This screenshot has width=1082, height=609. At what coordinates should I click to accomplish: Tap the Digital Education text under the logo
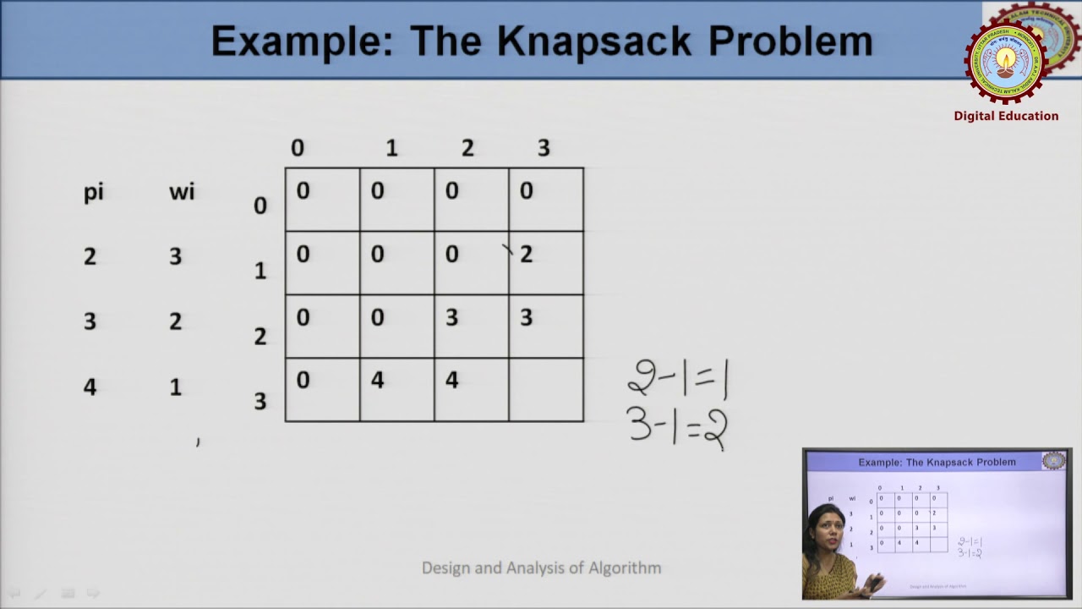point(1006,116)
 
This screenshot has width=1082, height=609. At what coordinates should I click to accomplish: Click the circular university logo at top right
point(1006,59)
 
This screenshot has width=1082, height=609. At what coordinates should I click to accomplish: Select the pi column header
point(93,192)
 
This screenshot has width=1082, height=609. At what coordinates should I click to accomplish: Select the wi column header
point(181,192)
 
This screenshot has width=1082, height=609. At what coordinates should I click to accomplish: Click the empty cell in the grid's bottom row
point(546,389)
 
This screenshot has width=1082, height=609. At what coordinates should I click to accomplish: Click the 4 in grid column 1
point(378,381)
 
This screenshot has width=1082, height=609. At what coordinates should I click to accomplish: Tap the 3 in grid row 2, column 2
point(451,317)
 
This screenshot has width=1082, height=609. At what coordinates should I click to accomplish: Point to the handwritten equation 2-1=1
point(678,380)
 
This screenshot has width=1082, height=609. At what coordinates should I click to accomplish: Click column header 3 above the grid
point(544,148)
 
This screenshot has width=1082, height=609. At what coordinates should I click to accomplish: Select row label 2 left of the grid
point(260,337)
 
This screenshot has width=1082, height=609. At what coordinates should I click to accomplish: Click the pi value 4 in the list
point(90,387)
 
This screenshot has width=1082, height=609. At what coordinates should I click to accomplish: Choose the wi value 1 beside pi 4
point(175,387)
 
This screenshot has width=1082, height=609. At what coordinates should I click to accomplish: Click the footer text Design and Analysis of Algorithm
point(541,568)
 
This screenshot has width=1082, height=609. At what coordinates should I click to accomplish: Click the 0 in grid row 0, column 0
point(303,191)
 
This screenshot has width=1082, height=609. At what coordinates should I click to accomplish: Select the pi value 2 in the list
point(90,256)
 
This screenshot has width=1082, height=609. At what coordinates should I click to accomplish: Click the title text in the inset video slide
point(937,462)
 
